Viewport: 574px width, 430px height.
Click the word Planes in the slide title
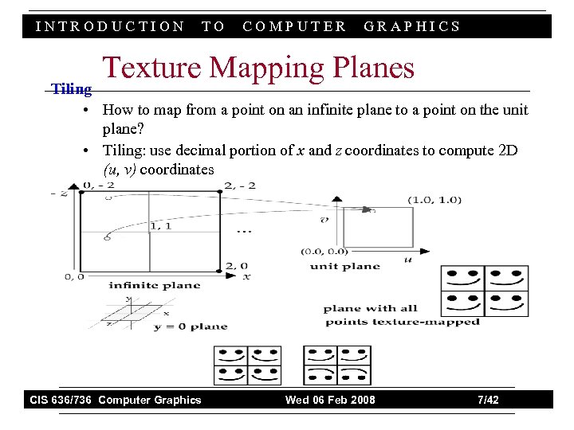[369, 68]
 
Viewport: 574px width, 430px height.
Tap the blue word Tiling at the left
[72, 89]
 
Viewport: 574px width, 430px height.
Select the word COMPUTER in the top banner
[294, 26]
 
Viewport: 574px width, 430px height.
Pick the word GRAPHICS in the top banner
[412, 26]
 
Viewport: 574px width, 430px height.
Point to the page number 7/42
[487, 400]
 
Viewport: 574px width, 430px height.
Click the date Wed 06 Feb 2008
[330, 400]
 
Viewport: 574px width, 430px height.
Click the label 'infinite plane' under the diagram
[155, 285]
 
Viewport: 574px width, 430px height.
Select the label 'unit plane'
[345, 266]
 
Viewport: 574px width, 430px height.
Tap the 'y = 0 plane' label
[191, 326]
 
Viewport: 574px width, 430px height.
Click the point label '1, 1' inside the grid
[160, 226]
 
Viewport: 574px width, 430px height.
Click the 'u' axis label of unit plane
[408, 260]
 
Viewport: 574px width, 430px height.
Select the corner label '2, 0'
[237, 266]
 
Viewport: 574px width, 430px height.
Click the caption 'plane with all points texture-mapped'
[403, 315]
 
